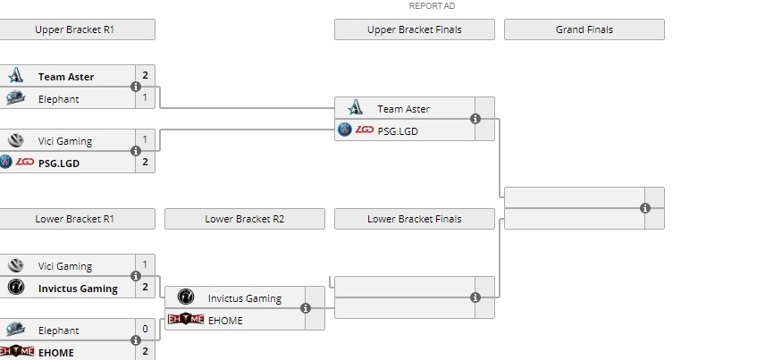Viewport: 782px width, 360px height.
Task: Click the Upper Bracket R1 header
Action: [75, 29]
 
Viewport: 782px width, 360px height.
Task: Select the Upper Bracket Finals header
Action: [414, 29]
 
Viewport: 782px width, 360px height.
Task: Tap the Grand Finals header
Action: [584, 29]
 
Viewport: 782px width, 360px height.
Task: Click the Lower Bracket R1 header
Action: [75, 219]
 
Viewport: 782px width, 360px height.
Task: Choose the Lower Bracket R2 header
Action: [245, 219]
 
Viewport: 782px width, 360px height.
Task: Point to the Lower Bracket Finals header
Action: [414, 219]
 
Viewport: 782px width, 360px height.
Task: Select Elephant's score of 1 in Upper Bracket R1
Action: [145, 98]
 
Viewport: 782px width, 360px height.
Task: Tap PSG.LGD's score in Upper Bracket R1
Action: [145, 162]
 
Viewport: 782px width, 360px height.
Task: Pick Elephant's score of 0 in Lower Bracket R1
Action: [145, 329]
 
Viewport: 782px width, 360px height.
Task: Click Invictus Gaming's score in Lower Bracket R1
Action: [145, 288]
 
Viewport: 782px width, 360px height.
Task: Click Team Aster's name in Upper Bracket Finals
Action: [403, 109]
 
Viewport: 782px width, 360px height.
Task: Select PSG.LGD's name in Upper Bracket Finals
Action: [398, 130]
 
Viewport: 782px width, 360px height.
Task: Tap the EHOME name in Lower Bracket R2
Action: [225, 320]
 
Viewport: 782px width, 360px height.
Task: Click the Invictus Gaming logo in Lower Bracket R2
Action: [185, 297]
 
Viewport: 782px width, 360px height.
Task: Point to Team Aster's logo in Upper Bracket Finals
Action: [355, 108]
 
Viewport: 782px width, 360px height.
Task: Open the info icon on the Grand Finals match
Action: [645, 208]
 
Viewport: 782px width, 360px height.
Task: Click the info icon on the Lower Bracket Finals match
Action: [475, 297]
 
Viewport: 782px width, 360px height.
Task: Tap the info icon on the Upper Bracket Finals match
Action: [475, 119]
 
